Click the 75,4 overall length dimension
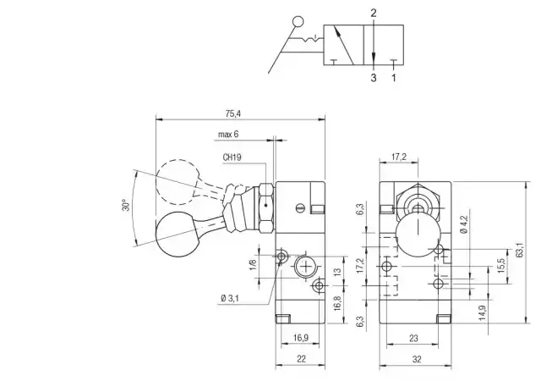(x=233, y=113)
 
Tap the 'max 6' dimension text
(x=228, y=134)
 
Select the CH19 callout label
(x=232, y=157)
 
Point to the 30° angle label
(x=126, y=205)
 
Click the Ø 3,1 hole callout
(x=229, y=298)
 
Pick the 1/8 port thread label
(x=253, y=264)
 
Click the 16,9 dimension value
(x=301, y=338)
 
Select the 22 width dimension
(x=301, y=359)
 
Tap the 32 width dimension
(x=417, y=359)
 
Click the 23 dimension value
(x=413, y=338)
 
